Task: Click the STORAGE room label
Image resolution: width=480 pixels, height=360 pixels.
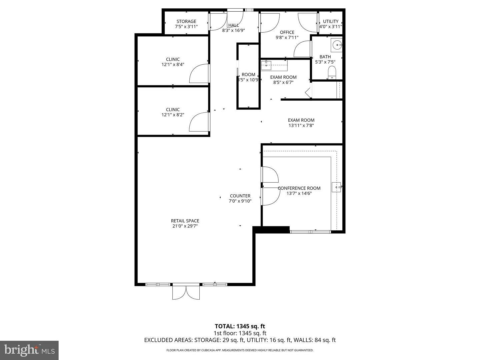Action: [186, 21]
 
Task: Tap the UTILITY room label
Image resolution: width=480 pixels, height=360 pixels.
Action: [331, 21]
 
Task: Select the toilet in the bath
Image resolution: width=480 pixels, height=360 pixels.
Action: [332, 72]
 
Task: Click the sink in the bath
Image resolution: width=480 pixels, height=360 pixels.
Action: [338, 44]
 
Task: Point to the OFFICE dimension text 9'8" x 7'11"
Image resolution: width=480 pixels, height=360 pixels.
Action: [287, 38]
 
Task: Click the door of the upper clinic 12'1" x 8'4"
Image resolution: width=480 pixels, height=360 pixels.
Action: [199, 74]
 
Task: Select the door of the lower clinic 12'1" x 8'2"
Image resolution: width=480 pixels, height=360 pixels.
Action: [199, 123]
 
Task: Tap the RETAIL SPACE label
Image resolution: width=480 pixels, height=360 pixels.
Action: [185, 221]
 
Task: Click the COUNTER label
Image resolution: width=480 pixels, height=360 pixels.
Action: [240, 196]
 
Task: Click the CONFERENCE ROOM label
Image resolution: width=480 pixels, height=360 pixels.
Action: [299, 188]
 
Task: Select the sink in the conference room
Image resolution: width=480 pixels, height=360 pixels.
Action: [337, 187]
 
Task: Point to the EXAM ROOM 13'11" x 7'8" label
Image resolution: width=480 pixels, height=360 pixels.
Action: [301, 120]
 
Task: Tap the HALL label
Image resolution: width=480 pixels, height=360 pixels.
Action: [233, 25]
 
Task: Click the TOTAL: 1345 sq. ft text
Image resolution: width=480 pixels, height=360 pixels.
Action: [240, 326]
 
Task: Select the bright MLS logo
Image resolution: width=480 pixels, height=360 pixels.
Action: [29, 350]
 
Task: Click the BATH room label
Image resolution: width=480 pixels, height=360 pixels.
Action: [325, 57]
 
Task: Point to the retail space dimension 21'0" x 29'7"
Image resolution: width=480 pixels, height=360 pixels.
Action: [185, 226]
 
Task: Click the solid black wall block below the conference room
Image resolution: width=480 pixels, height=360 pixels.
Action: [271, 230]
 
